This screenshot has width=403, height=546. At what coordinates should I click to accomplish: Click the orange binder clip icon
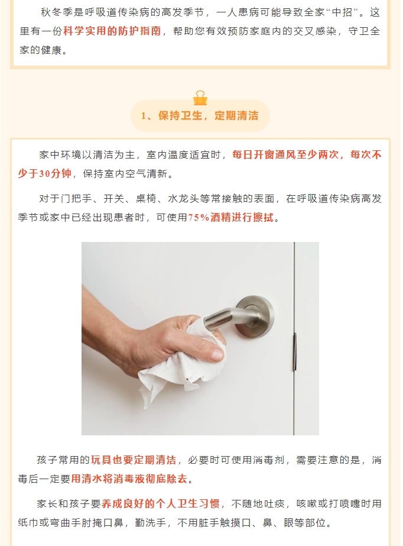tap(200, 98)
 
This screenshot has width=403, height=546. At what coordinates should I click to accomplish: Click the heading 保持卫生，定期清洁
tap(208, 115)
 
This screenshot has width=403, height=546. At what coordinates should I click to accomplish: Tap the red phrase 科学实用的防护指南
tap(112, 31)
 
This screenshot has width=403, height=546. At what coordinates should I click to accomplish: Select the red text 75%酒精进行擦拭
tap(231, 218)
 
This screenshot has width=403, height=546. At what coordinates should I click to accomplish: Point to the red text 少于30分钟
tap(44, 173)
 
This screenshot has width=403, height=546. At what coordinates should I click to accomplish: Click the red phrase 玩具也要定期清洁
tap(134, 460)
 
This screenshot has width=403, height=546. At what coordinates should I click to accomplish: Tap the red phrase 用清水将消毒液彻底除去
tap(129, 479)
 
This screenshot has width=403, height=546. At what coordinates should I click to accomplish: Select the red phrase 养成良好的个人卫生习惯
tap(161, 503)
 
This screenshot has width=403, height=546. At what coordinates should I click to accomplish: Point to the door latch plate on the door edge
tap(295, 351)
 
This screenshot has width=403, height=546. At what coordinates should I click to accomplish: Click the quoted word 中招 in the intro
tap(343, 12)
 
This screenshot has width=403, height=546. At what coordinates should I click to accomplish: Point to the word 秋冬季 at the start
tap(57, 12)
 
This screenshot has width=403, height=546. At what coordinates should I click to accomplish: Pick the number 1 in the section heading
tap(144, 116)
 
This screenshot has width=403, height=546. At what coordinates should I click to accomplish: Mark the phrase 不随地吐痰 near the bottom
tap(258, 503)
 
